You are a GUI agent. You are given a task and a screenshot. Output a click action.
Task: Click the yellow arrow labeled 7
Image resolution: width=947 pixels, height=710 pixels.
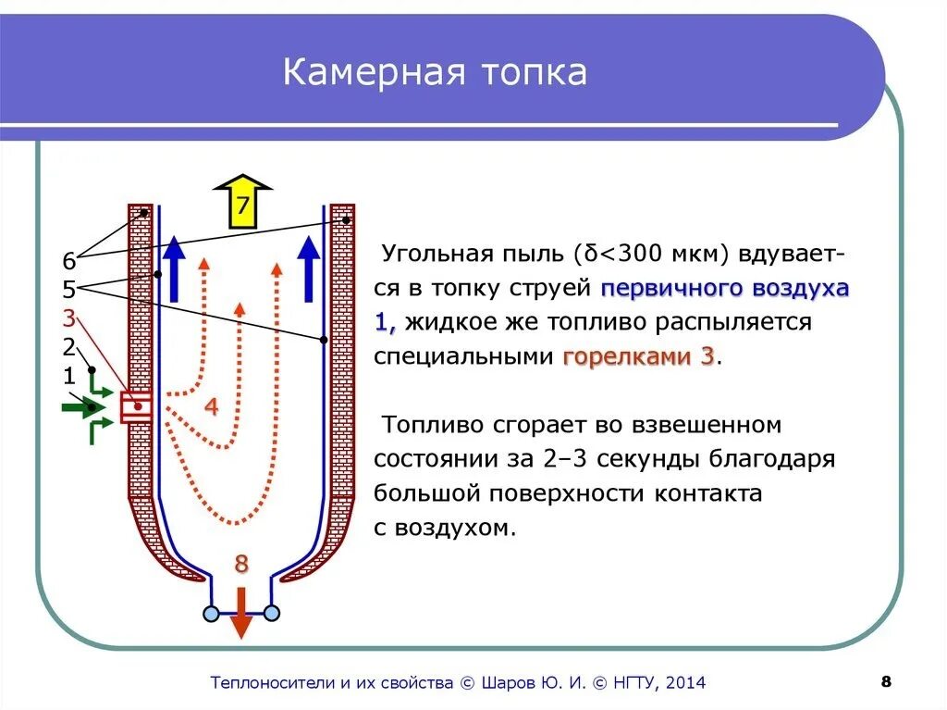click(242, 202)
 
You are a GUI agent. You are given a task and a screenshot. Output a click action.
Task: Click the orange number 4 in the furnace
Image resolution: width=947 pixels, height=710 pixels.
click(212, 406)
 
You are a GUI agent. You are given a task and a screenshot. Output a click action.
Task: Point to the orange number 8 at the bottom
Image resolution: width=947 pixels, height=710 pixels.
click(241, 564)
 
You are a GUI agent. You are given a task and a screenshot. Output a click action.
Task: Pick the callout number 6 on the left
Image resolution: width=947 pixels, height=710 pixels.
click(68, 261)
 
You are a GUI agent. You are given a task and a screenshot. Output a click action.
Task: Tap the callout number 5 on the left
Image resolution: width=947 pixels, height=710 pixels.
click(68, 290)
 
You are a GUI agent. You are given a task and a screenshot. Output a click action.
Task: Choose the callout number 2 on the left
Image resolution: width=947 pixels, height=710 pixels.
click(68, 348)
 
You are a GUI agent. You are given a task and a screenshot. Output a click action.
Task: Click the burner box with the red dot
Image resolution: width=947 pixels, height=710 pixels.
click(137, 406)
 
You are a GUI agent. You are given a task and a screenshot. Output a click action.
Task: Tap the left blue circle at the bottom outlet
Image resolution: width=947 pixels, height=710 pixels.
click(211, 613)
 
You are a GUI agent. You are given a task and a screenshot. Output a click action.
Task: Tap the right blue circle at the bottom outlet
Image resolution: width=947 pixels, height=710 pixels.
click(272, 613)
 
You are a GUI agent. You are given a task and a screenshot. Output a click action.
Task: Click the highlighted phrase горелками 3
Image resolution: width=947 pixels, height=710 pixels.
click(638, 356)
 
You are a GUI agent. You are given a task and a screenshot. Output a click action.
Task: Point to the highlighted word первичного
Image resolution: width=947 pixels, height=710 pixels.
click(658, 288)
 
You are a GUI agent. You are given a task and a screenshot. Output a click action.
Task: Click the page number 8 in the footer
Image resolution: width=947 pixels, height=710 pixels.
click(886, 682)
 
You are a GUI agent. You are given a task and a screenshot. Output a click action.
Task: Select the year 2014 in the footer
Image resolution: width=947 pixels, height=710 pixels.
click(683, 683)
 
